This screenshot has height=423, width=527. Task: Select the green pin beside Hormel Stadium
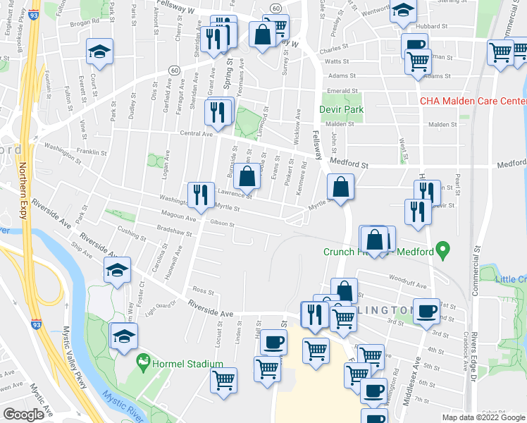144,363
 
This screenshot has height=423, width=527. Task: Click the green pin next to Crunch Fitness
442,249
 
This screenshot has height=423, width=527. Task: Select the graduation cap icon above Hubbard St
403,10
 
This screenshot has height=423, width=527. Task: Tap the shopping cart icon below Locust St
224,379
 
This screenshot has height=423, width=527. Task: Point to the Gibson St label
222,223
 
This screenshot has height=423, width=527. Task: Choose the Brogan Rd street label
85,22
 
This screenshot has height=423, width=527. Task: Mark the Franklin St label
92,152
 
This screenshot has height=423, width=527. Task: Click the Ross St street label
203,290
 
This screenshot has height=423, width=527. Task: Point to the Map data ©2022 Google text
483,417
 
